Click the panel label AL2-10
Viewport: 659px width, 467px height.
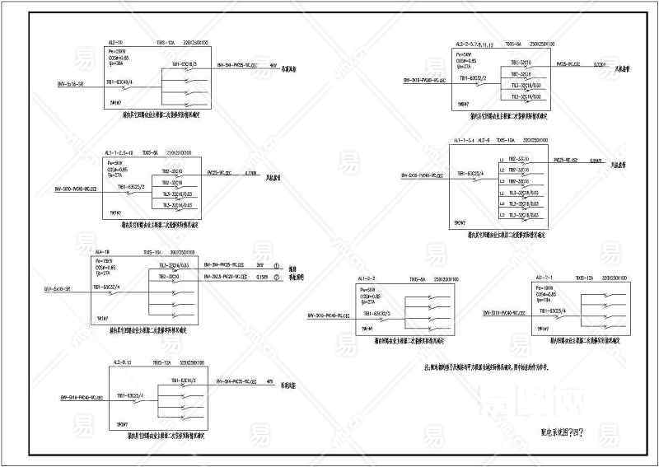[115, 42]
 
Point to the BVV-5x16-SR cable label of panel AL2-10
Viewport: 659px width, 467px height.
[69, 84]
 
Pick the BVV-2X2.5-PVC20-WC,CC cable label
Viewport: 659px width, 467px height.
[224, 277]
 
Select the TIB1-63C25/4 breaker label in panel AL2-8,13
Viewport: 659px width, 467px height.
[129, 396]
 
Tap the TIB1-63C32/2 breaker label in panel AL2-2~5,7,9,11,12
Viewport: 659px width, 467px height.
[473, 78]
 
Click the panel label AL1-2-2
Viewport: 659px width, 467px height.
[367, 280]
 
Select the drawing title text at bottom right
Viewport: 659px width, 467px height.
[567, 432]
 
